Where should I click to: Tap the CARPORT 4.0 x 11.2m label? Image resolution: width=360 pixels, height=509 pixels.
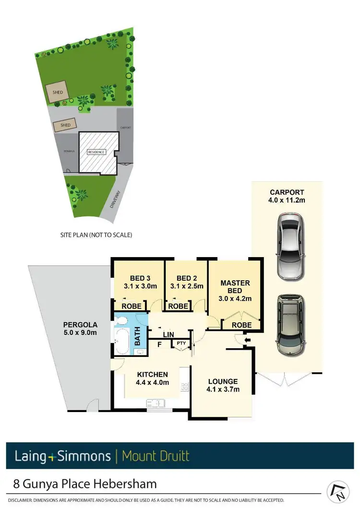tap(287, 196)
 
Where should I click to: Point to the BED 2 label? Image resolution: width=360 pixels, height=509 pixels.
tap(187, 282)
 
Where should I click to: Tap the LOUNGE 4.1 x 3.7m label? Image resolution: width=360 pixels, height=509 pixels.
tap(223, 385)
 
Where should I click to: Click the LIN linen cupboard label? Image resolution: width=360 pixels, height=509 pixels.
tap(168, 334)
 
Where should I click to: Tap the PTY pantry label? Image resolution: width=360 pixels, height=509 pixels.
tap(181, 343)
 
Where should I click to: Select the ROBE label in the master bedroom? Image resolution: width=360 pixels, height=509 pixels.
tap(241, 325)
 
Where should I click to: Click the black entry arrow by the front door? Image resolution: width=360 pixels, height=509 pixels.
tap(247, 341)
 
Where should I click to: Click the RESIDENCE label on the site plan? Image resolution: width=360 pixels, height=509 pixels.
tap(96, 152)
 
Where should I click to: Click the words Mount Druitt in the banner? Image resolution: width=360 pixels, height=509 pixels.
tap(156, 455)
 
